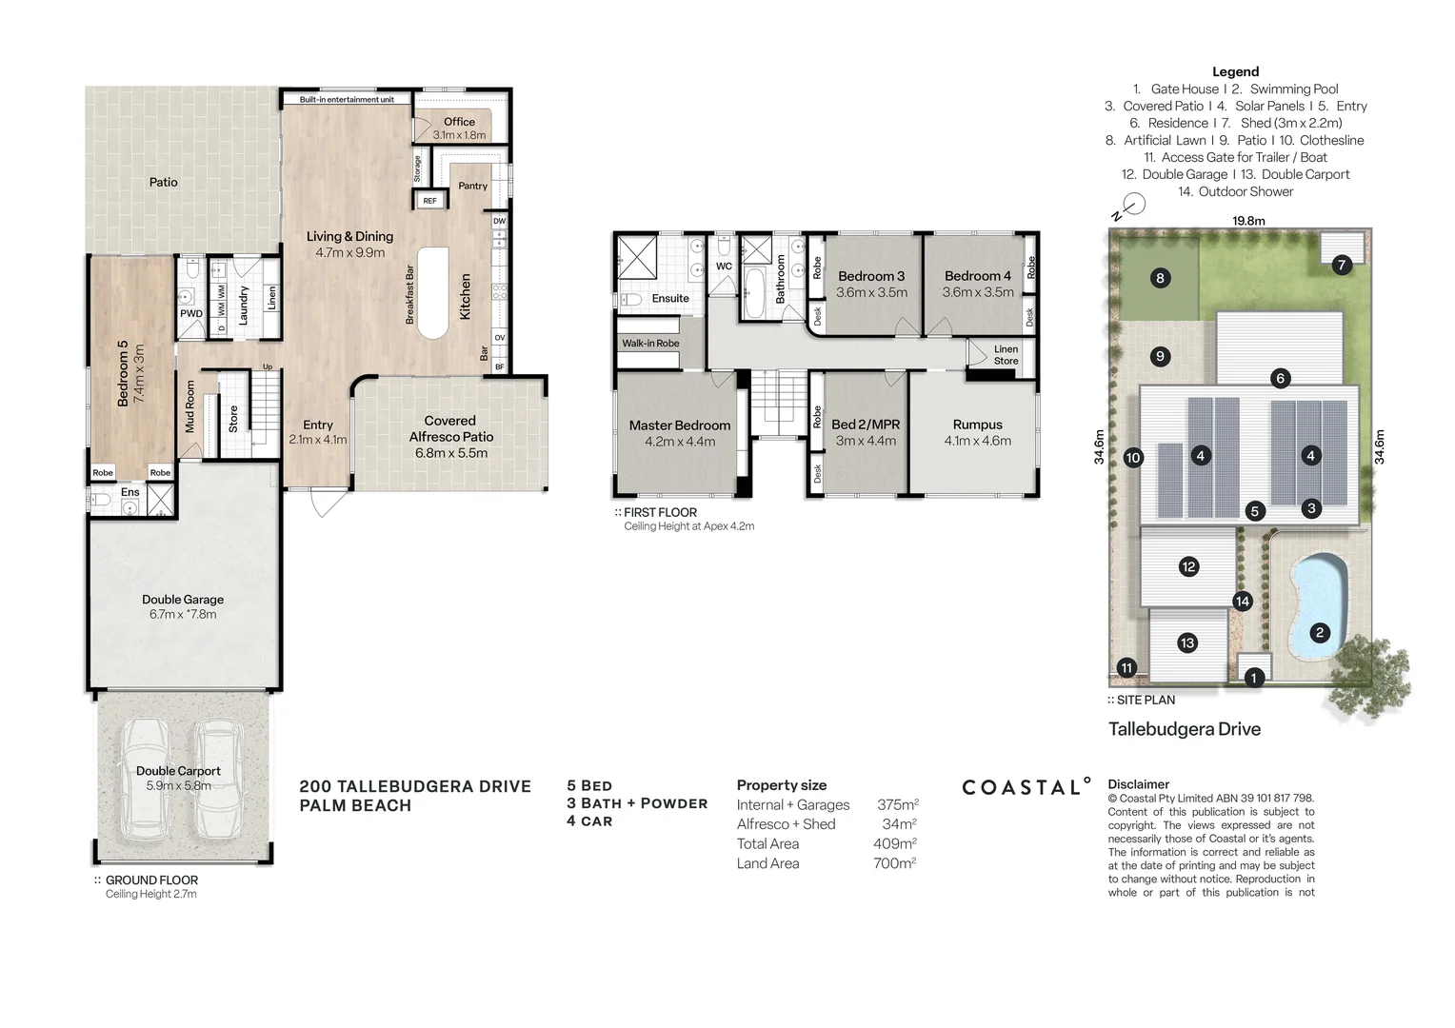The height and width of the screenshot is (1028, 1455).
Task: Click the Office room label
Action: click(459, 122)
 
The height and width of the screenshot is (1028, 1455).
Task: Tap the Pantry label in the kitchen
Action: click(472, 186)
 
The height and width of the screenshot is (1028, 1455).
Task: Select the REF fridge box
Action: click(429, 201)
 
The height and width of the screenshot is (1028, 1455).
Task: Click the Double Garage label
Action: click(183, 600)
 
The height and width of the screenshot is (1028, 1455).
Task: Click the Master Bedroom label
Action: click(679, 425)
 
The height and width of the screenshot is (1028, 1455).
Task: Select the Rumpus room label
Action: click(977, 425)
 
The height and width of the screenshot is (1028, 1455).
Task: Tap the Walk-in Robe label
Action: click(650, 344)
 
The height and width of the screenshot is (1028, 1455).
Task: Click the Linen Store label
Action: click(1006, 355)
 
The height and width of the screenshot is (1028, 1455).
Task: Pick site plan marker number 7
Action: click(1341, 265)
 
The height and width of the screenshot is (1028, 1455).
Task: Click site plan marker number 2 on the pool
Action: click(1319, 632)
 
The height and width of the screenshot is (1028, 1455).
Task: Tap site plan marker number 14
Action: click(1242, 602)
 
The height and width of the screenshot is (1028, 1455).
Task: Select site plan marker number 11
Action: click(1126, 668)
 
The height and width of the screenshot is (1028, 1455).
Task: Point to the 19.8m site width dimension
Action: click(1248, 221)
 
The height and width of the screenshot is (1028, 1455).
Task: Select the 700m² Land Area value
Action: click(894, 863)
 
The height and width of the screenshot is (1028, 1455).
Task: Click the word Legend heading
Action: click(1235, 71)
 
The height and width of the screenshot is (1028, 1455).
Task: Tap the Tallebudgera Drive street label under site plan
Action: click(1184, 729)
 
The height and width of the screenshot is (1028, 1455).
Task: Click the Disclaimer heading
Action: click(1138, 785)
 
